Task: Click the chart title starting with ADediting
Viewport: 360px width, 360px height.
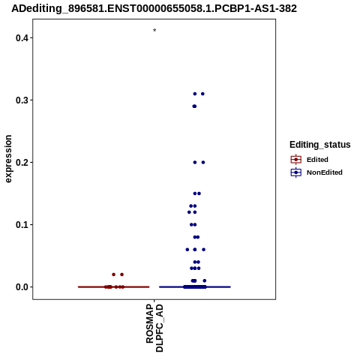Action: point(154,8)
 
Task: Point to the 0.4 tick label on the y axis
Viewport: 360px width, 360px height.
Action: point(21,38)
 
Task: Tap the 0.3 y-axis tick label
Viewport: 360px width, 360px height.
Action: point(21,100)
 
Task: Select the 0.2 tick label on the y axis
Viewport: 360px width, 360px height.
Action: point(21,163)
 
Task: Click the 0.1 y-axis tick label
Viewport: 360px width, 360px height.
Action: point(21,225)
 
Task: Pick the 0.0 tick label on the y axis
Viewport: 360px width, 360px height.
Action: point(21,287)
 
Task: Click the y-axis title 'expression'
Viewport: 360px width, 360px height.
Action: point(8,159)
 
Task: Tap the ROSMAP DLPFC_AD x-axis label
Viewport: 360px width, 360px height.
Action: point(154,328)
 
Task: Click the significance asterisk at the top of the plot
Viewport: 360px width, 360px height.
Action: point(154,30)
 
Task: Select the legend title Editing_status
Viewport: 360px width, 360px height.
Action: point(320,145)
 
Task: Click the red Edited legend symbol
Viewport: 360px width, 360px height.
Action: point(296,160)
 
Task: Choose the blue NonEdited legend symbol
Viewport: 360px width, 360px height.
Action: point(296,172)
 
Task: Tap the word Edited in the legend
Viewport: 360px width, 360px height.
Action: point(317,160)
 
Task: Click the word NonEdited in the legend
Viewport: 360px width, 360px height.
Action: point(325,172)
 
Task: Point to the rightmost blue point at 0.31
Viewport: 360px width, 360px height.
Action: point(202,94)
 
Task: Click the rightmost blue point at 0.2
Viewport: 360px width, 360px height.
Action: point(203,163)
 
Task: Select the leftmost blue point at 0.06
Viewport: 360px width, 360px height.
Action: point(187,250)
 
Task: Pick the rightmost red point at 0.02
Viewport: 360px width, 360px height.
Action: point(122,274)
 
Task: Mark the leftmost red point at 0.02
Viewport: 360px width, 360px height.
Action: point(114,274)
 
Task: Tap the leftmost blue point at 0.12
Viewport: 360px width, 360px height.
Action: point(189,212)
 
